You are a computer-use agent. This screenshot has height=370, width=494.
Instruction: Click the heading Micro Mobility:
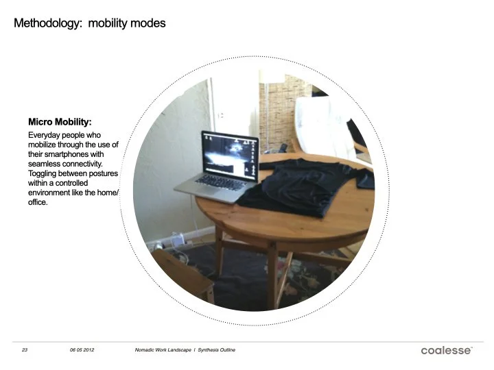[x=60, y=122]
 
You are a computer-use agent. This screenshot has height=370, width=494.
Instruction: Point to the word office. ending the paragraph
[x=38, y=203]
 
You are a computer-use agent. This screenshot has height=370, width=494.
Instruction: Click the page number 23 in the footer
[x=24, y=350]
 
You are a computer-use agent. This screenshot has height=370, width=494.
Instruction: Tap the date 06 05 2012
[x=82, y=350]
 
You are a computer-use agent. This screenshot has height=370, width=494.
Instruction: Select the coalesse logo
[x=446, y=350]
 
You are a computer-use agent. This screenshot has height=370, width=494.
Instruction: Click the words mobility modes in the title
[x=127, y=23]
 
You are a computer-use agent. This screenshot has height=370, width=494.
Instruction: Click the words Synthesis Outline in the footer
[x=217, y=350]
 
